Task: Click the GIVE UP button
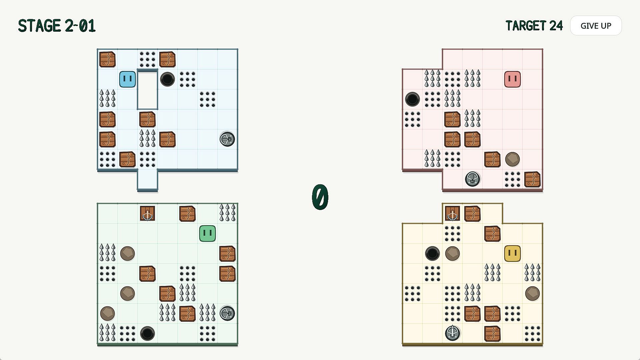tap(596, 26)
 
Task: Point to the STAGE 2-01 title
tap(57, 26)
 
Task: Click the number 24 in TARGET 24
tap(556, 26)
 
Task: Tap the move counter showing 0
tap(320, 197)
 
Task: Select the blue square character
tap(127, 79)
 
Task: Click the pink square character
tap(512, 79)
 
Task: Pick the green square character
tap(207, 233)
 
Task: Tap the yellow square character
tap(512, 253)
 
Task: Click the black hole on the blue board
tap(167, 79)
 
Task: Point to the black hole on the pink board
tap(412, 99)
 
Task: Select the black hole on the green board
tap(147, 333)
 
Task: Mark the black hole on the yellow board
tap(432, 253)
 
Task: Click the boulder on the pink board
tap(512, 159)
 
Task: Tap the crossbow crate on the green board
tap(147, 213)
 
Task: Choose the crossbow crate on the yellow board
tap(452, 213)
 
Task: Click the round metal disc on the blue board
tap(227, 139)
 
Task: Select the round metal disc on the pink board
tap(472, 179)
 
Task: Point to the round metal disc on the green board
tap(227, 313)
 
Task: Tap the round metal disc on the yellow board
tap(452, 333)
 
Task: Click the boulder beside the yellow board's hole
tap(452, 253)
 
